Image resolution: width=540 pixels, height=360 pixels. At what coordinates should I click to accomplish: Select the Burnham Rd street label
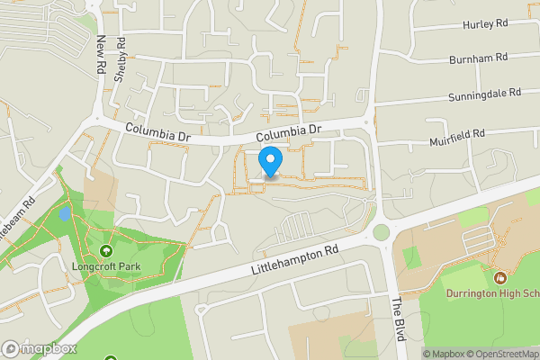point(479,58)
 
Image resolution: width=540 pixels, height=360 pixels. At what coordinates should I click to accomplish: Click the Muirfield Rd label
point(457,134)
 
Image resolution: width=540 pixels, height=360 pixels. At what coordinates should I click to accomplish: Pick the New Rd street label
point(101,55)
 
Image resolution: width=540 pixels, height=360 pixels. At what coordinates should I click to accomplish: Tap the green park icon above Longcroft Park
point(106,251)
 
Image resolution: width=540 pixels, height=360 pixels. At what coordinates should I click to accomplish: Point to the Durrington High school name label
point(490,292)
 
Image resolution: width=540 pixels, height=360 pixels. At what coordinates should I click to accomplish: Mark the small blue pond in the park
point(64,215)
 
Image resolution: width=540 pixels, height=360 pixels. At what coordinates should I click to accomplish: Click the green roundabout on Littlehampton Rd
point(382,232)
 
